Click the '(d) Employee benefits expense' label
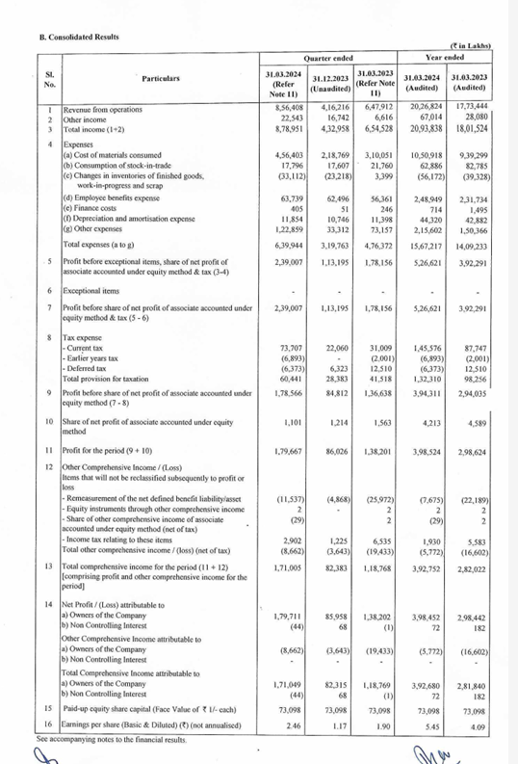click(120, 198)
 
